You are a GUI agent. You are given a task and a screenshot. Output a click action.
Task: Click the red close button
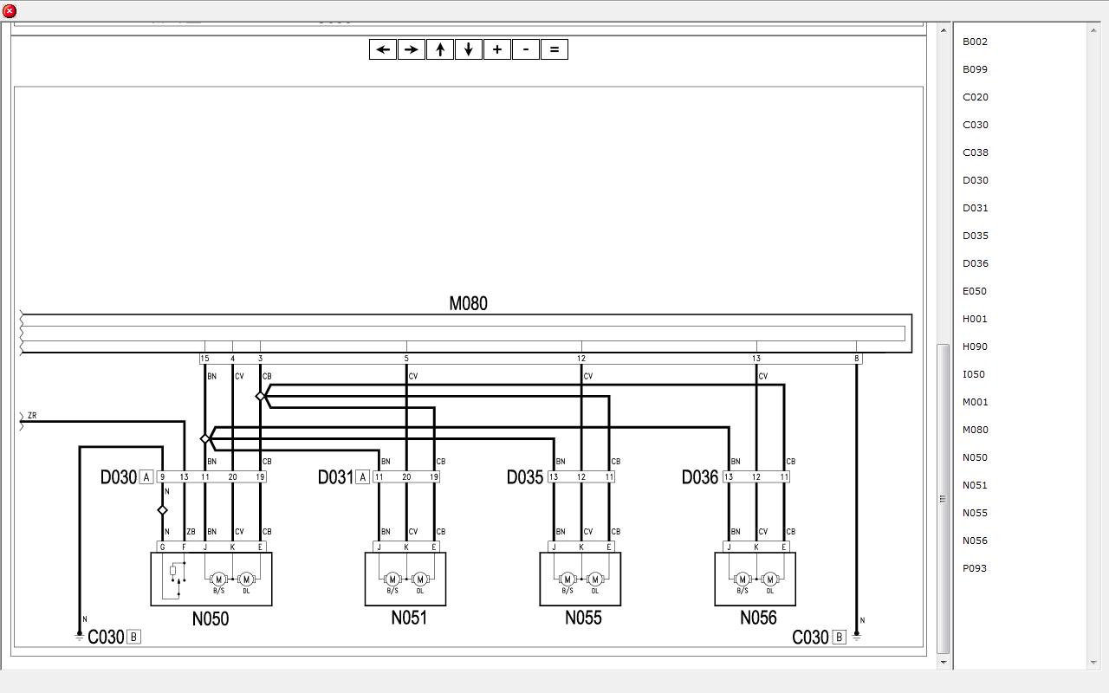point(10,10)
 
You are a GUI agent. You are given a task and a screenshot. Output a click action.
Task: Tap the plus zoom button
point(497,49)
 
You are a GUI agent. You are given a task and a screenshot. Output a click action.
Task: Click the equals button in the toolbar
point(554,49)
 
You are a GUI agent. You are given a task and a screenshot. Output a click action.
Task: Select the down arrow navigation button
point(469,49)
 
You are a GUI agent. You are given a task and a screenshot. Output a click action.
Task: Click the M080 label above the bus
point(468,303)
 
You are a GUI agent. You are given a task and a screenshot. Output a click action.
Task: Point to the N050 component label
point(211,619)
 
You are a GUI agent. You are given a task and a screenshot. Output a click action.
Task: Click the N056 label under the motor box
point(758,618)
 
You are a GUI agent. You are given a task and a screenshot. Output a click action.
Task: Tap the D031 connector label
point(335,477)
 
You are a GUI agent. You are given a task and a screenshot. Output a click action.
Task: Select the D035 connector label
point(525,477)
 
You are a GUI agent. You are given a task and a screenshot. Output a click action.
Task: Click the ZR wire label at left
point(32,415)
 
